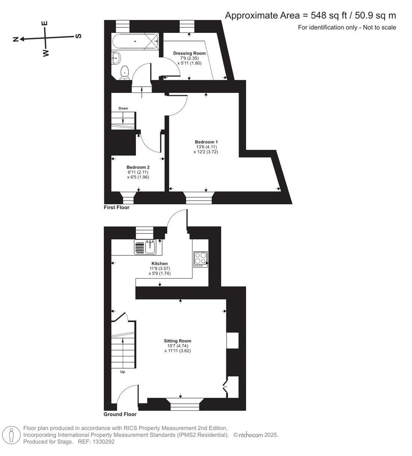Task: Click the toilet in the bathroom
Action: (x=125, y=72)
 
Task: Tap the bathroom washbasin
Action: (x=117, y=57)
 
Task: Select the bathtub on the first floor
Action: (x=135, y=41)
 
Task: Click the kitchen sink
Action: (x=146, y=247)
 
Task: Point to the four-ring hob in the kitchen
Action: (x=201, y=259)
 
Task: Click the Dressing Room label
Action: (x=190, y=53)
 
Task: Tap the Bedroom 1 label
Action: (x=206, y=141)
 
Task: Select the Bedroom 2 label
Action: (x=138, y=167)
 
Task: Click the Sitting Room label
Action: (x=177, y=341)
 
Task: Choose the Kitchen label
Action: (x=159, y=263)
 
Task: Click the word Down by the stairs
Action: (x=123, y=109)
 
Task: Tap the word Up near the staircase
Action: (x=122, y=372)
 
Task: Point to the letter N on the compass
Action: (x=16, y=39)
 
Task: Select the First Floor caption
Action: (x=117, y=208)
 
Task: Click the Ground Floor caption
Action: (x=119, y=414)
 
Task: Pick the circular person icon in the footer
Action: (x=12, y=434)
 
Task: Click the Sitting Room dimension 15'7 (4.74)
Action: (x=177, y=346)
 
